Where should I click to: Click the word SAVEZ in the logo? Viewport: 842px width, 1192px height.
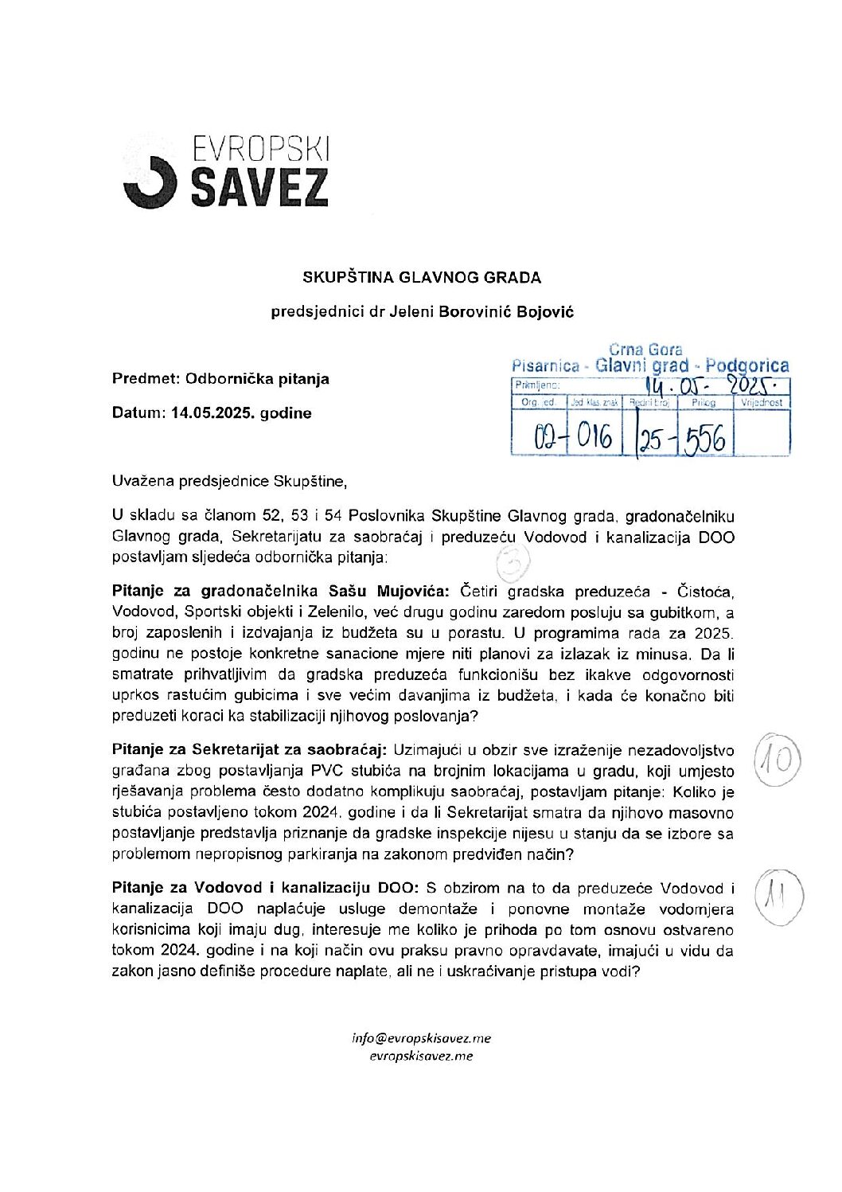coord(259,187)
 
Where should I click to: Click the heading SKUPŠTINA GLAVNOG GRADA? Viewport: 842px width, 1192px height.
coord(422,278)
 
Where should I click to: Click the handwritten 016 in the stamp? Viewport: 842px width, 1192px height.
coord(594,437)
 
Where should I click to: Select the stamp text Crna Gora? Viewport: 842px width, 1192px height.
coord(645,350)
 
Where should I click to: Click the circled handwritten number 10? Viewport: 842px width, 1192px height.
coord(775,759)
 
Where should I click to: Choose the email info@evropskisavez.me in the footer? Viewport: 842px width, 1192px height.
coord(422,1038)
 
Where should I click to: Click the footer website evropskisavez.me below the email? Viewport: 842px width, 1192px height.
coord(422,1056)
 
